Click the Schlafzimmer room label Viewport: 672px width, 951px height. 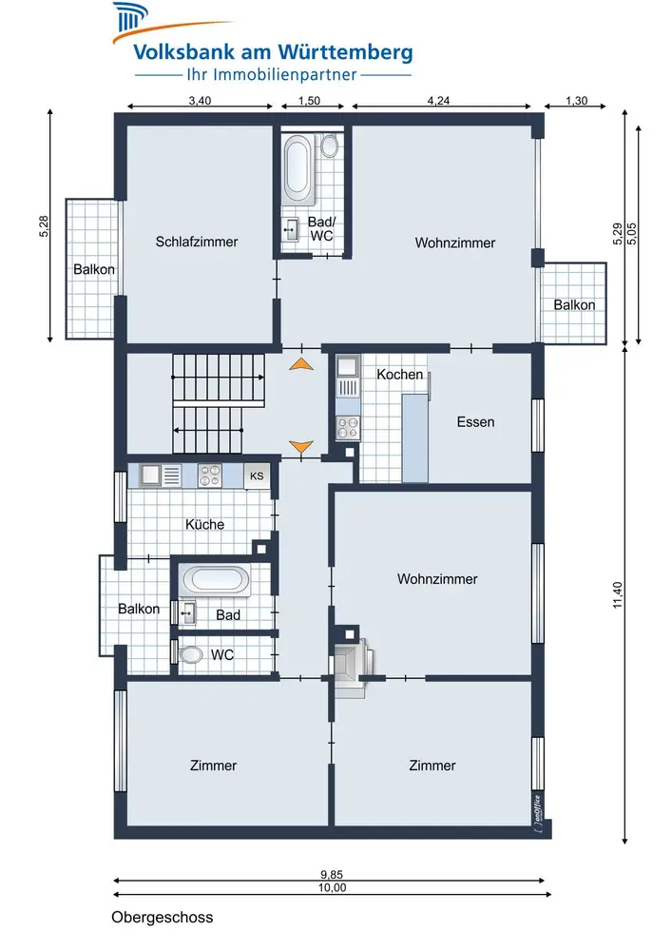pyautogui.click(x=197, y=242)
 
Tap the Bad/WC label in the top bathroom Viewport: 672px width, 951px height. pyautogui.click(x=321, y=228)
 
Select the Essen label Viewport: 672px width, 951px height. pyautogui.click(x=475, y=421)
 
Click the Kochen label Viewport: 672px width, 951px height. pyautogui.click(x=399, y=374)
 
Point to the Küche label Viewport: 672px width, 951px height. pyautogui.click(x=204, y=524)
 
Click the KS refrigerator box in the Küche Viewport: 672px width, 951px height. pyautogui.click(x=257, y=476)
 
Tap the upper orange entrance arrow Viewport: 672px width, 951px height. pyautogui.click(x=301, y=364)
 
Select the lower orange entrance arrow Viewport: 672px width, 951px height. pyautogui.click(x=301, y=447)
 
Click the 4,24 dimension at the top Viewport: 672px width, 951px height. pyautogui.click(x=438, y=101)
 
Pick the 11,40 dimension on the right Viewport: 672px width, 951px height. pyautogui.click(x=618, y=595)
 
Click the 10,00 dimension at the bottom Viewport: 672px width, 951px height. pyautogui.click(x=332, y=888)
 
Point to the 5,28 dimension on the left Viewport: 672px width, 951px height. pyautogui.click(x=44, y=226)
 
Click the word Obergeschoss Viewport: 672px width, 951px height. pyautogui.click(x=162, y=917)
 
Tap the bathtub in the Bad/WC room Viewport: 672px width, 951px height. pyautogui.click(x=298, y=169)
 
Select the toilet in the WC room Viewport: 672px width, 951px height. pyautogui.click(x=189, y=654)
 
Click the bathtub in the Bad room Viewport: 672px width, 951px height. pyautogui.click(x=216, y=580)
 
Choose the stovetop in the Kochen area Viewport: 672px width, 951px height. pyautogui.click(x=348, y=427)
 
